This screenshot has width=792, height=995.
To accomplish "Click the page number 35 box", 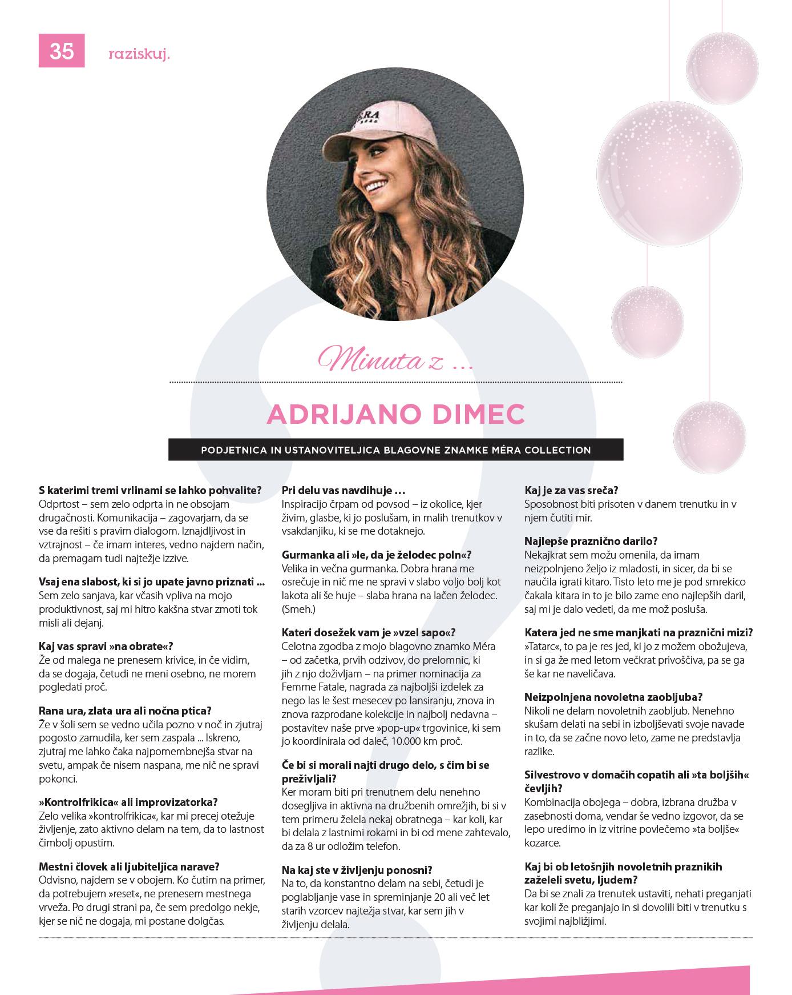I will click(62, 51).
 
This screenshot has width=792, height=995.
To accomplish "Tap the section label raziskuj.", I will click(139, 54).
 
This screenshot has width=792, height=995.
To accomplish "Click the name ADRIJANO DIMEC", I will click(395, 414).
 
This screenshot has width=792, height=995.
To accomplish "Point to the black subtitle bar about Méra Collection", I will click(395, 450).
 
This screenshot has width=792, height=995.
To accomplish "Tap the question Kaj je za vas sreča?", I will click(571, 490).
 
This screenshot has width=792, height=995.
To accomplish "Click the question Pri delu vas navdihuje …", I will click(344, 490).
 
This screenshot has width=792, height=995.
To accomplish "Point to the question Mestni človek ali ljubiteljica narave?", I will click(129, 866).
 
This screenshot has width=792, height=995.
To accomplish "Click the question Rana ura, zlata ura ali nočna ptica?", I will click(125, 711).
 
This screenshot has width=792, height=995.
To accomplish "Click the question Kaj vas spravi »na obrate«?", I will click(106, 646).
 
